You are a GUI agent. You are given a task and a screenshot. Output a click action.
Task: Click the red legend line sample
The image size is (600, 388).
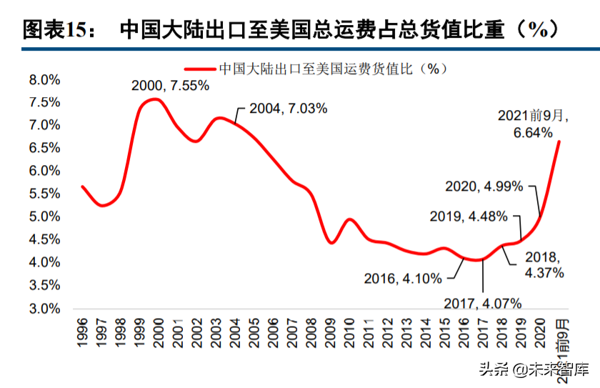[x=200, y=69]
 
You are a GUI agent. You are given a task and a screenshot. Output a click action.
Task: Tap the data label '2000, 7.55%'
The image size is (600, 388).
[x=170, y=86]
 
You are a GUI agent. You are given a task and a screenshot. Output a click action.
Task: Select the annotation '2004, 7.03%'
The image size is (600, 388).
[x=289, y=109]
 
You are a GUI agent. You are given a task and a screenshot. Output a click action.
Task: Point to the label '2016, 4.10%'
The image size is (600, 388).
[x=403, y=279]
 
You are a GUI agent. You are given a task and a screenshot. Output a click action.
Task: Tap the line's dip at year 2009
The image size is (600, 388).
[x=331, y=243]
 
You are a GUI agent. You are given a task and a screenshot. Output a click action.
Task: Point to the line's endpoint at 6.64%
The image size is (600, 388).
[x=559, y=141]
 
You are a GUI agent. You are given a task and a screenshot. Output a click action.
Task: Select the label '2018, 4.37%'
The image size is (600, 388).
[x=544, y=264]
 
